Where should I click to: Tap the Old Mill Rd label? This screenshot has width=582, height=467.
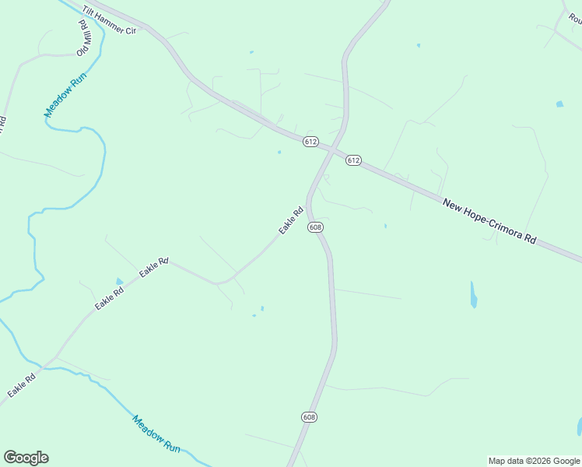82,37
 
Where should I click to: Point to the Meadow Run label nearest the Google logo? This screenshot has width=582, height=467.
156,434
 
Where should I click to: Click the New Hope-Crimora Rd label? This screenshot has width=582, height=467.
489,222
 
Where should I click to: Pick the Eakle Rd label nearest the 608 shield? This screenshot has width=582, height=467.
291,220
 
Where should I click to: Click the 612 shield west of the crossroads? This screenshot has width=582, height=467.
310,141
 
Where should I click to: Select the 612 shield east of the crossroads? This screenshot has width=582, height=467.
353,160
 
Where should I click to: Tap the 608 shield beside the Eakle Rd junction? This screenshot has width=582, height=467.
314,227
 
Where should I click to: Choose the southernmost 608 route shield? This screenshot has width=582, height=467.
310,417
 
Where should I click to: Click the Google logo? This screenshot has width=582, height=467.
26,458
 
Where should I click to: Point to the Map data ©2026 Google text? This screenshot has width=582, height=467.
534,461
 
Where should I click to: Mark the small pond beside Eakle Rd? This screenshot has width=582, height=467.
119,281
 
